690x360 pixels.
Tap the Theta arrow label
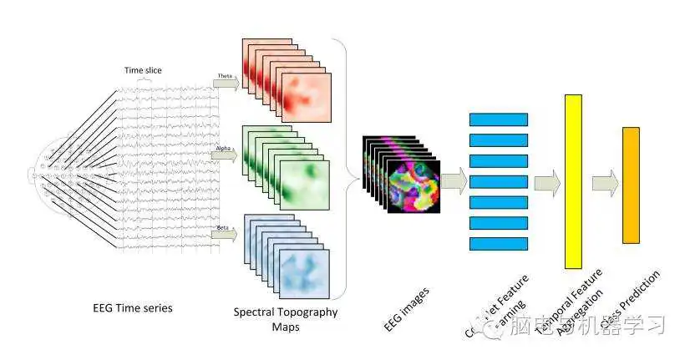tap(225, 76)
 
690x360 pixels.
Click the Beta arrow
tap(226, 234)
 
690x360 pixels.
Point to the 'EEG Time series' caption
tap(132, 308)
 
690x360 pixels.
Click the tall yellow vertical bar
tap(573, 181)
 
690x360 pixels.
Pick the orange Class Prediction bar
tap(631, 185)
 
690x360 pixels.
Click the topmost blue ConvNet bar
tap(499, 119)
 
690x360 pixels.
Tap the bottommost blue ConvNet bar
tap(499, 243)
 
